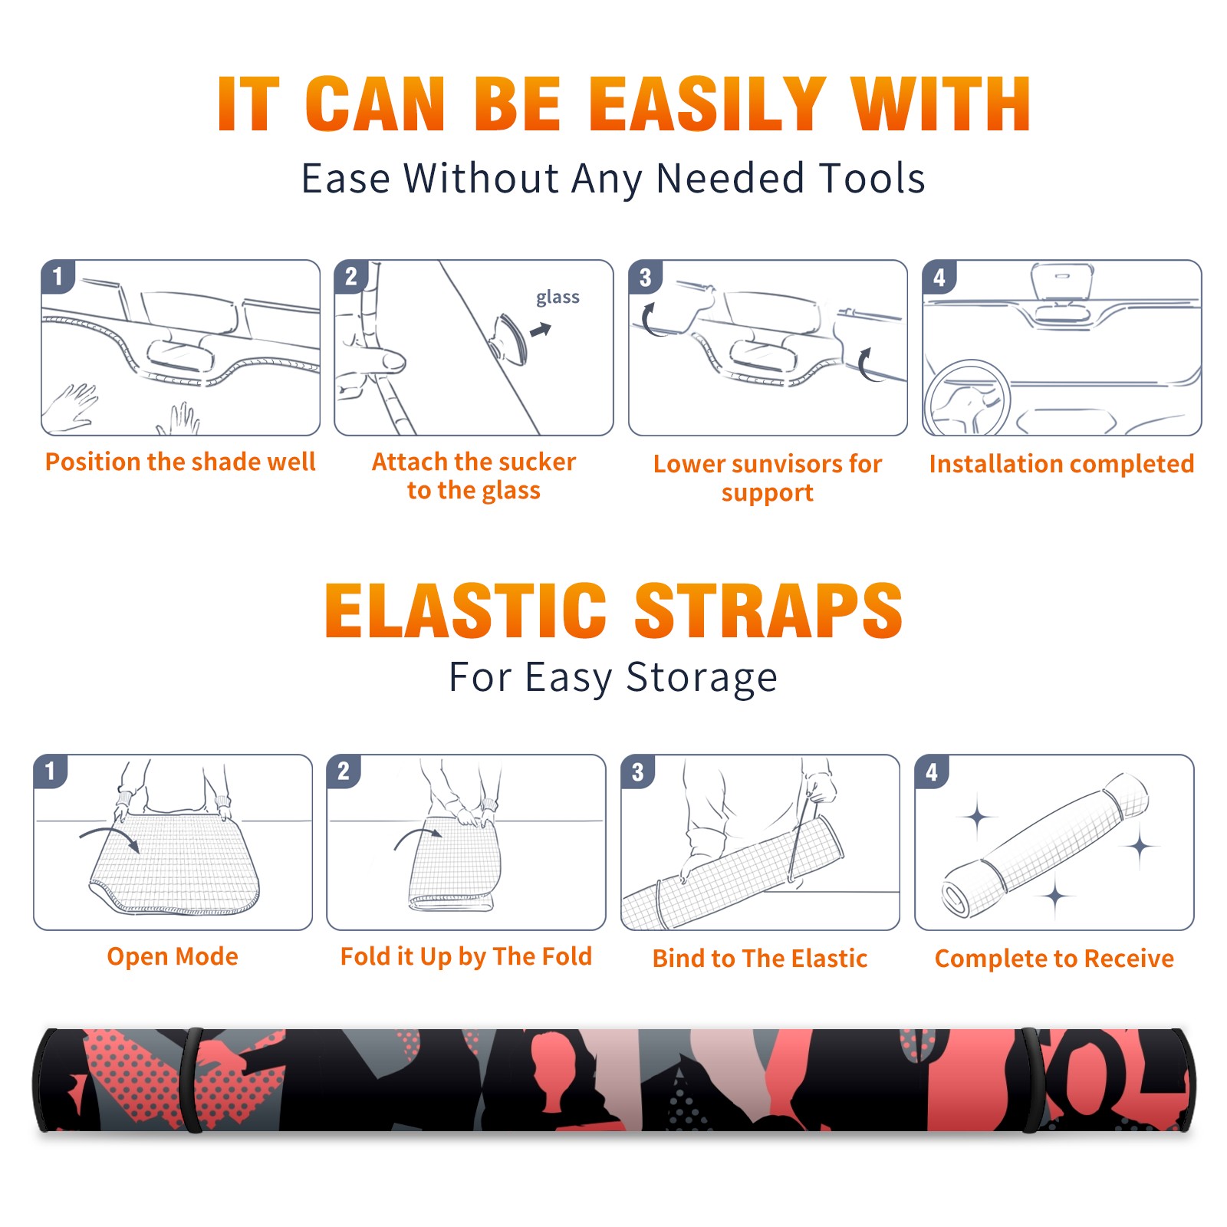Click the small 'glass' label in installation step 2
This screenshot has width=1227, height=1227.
tap(558, 298)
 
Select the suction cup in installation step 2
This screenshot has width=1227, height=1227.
tap(509, 338)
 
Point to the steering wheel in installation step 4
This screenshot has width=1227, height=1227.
tap(967, 398)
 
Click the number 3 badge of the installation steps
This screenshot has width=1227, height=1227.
tap(645, 278)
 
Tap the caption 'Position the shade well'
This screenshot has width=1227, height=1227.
tap(180, 462)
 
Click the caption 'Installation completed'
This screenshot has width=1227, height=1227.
tap(1061, 464)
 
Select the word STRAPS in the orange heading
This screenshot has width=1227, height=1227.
tap(768, 610)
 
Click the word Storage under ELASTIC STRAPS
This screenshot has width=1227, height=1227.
tap(702, 678)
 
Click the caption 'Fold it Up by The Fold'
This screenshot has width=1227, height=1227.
tap(466, 956)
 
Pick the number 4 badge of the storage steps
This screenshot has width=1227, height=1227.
tap(931, 771)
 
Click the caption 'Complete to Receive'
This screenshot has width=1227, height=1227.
tap(1054, 959)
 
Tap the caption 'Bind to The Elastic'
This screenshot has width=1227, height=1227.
tap(760, 959)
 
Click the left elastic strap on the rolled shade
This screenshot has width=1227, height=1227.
tap(191, 1081)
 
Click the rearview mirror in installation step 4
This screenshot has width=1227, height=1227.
tap(1061, 282)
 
